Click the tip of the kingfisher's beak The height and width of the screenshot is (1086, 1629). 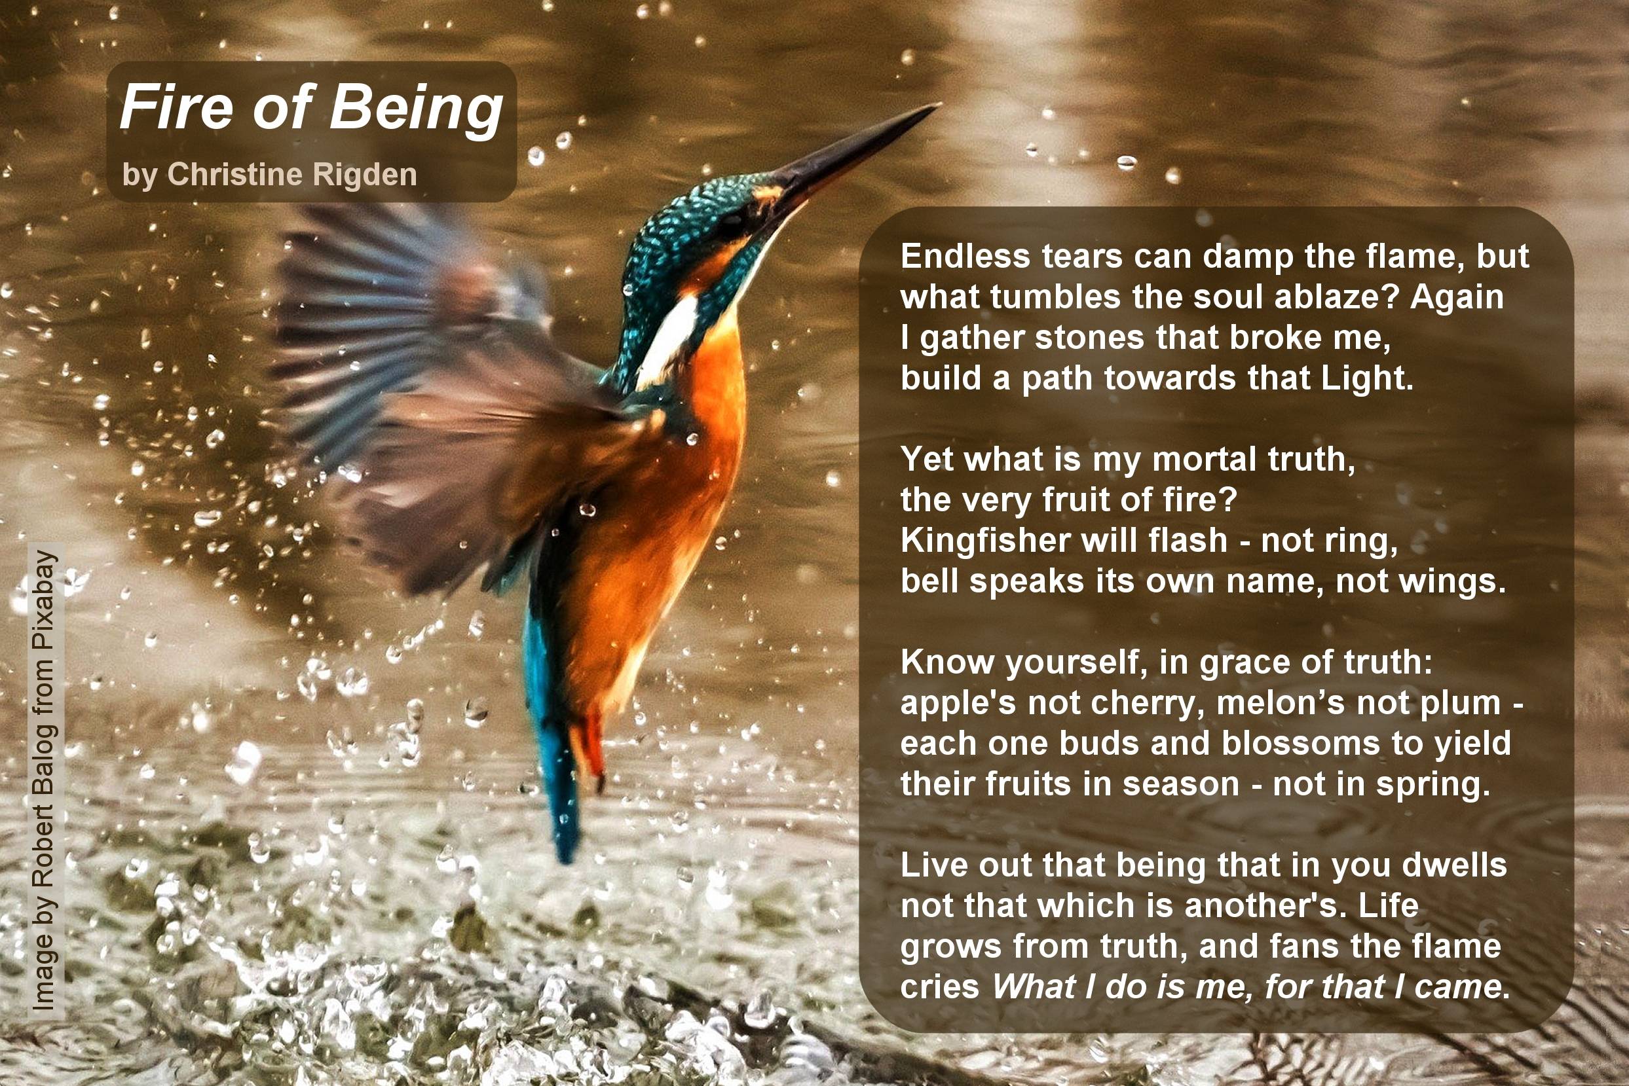coord(938,105)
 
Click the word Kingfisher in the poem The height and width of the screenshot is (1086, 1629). coord(984,541)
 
